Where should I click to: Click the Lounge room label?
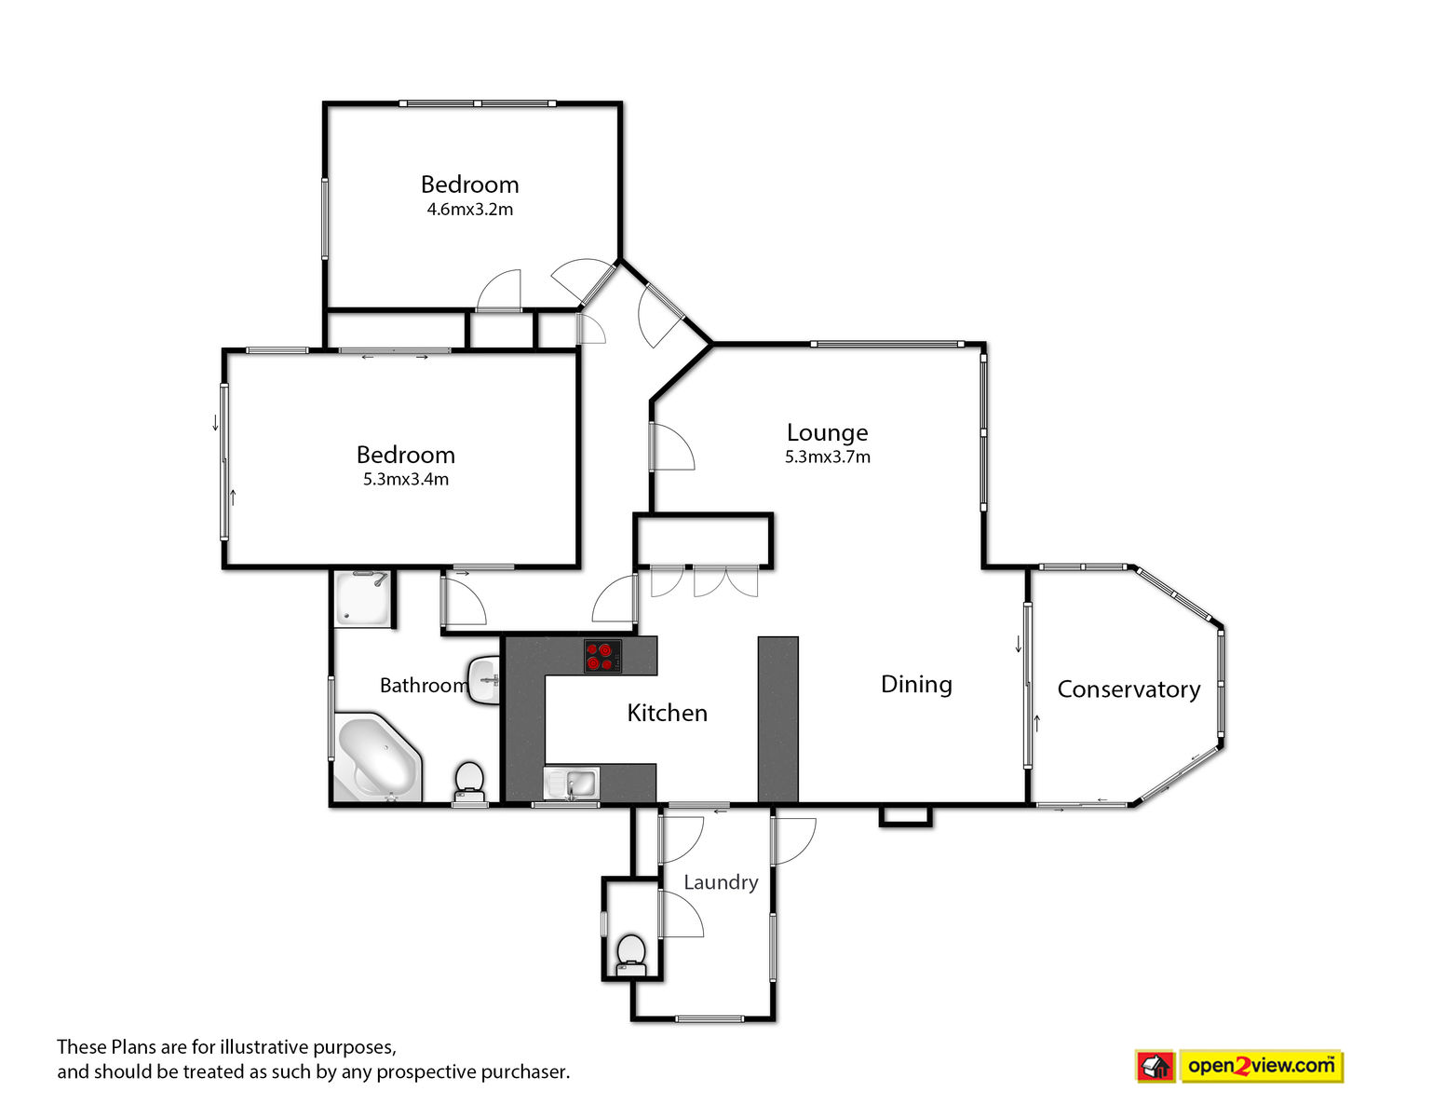pos(827,433)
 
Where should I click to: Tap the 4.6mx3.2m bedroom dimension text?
pos(470,209)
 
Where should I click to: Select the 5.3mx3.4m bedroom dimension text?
pos(406,480)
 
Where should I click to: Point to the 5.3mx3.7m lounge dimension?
pos(827,457)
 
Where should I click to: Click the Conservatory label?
pos(1128,689)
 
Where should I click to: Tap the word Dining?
pos(916,685)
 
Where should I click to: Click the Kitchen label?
pos(667,713)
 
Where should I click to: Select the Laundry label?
pos(721,883)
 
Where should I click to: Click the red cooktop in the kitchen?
pos(603,656)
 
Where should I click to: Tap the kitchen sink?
pos(572,784)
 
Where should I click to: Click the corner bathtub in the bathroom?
pos(377,759)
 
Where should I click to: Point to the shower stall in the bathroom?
pos(363,599)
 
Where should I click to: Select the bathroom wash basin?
pos(484,680)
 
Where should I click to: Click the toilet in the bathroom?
pos(469,783)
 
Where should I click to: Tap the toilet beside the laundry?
pos(631,956)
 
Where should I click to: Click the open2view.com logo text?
pos(1261,1066)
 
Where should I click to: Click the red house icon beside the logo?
pos(1155,1067)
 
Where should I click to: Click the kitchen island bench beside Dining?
pos(777,719)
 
